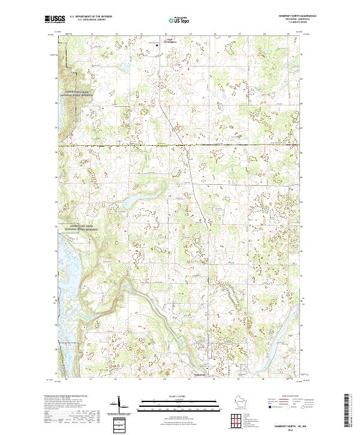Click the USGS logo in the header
[x=55, y=19]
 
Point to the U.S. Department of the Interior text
[x=91, y=15]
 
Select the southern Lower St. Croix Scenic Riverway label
[x=82, y=230]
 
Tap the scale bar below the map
[x=171, y=406]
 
